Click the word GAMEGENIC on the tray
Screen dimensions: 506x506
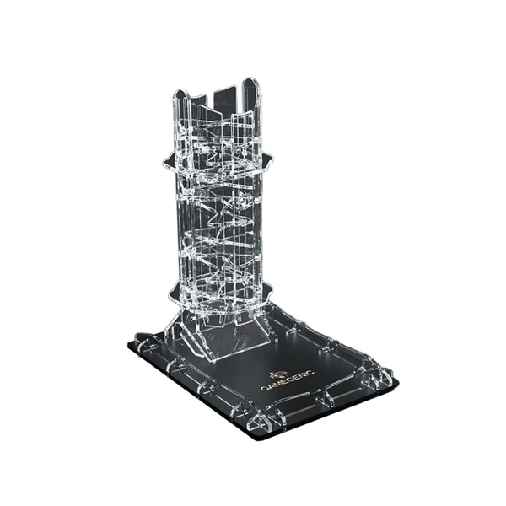coord(287,380)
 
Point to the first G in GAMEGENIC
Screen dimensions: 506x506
coord(263,389)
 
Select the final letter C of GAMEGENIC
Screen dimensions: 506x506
coord(310,372)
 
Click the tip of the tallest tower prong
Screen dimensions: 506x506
coord(250,78)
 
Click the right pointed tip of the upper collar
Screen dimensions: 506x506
coord(272,159)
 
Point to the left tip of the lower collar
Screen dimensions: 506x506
coord(170,294)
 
